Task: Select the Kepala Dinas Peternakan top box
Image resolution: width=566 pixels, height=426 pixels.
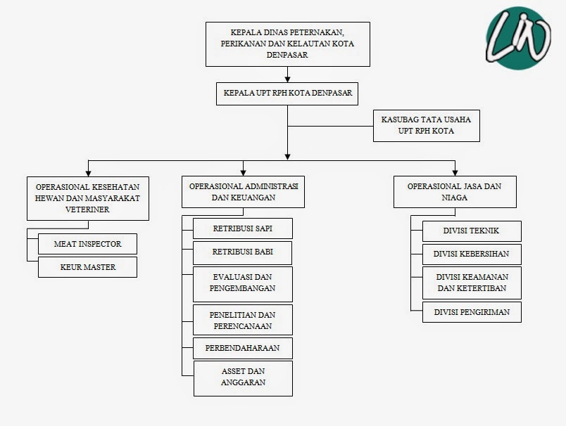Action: click(287, 44)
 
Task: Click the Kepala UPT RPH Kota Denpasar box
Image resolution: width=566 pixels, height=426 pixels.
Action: click(287, 92)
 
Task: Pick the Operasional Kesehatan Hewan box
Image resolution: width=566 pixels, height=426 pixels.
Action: click(88, 198)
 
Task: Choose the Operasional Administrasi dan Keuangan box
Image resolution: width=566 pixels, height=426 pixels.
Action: click(244, 192)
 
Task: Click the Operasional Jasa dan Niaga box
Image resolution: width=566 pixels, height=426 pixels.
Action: click(455, 192)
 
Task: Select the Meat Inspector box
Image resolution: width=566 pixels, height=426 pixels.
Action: click(88, 244)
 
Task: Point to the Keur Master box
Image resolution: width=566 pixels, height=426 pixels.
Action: click(88, 267)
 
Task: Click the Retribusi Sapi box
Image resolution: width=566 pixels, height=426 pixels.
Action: click(243, 228)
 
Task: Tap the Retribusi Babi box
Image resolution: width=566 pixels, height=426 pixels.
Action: click(243, 252)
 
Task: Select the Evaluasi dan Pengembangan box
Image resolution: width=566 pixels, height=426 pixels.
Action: click(243, 282)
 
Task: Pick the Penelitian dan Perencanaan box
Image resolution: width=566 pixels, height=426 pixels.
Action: click(243, 320)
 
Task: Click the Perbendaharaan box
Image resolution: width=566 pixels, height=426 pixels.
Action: click(243, 348)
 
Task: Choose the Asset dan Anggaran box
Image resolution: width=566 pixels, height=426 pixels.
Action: click(243, 377)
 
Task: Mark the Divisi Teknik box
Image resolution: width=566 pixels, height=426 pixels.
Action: click(472, 231)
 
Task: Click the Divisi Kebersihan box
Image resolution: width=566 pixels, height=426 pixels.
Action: click(472, 254)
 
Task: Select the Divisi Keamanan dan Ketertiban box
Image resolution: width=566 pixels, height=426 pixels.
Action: click(472, 283)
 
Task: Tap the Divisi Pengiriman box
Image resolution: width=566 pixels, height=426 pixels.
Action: click(472, 311)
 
